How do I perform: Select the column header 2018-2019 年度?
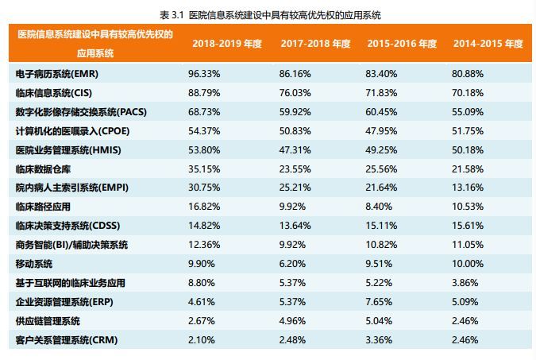pos(227,44)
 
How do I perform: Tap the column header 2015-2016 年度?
pos(402,44)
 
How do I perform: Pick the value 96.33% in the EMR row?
pos(204,74)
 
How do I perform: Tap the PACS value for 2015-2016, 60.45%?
pos(381,112)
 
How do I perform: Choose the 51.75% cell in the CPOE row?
pos(468,131)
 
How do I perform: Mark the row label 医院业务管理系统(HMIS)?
pos(64,150)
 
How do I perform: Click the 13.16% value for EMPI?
pos(468,188)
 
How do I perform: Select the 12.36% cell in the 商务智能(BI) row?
pos(204,245)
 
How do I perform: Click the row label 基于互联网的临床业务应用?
pos(71,283)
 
